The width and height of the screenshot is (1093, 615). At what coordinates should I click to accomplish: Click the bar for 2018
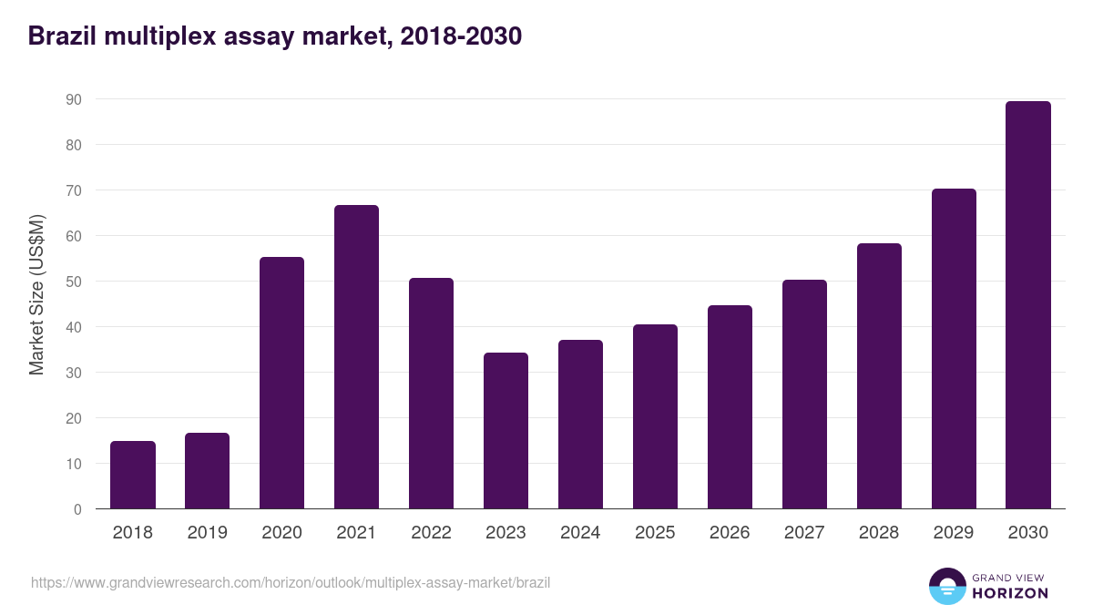coord(133,475)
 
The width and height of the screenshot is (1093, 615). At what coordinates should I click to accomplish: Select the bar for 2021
coord(356,357)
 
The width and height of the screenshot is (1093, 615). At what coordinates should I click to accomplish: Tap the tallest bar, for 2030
coord(1028,305)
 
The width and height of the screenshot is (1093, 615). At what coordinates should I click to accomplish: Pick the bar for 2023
coord(506,431)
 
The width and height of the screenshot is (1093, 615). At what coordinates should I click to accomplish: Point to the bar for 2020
coord(281,383)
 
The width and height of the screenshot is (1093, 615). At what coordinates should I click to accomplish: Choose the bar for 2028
coord(879,376)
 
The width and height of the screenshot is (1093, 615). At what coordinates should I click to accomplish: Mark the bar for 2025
coord(655,416)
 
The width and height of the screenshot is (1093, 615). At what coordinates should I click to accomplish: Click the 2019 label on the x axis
coord(207,533)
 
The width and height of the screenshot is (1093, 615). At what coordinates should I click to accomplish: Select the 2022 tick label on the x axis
coord(431,533)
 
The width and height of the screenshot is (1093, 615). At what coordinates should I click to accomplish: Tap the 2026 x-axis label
coord(730,533)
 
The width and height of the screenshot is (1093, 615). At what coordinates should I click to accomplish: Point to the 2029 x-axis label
coord(954,533)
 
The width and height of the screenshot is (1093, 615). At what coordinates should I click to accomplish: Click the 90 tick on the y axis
coord(74,99)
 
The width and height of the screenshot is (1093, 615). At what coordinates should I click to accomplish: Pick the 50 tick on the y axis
coord(74,282)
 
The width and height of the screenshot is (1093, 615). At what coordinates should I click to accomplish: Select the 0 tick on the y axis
coord(77,509)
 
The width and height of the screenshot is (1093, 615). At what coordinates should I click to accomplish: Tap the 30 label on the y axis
coord(74,373)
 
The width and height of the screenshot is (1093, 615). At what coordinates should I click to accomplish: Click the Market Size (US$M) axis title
coord(37,294)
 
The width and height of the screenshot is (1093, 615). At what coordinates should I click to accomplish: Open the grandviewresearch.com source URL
coord(291,582)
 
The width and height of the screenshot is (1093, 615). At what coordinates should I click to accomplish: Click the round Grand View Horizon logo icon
coord(946,586)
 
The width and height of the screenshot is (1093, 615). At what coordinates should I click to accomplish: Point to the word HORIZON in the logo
coord(1010,593)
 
